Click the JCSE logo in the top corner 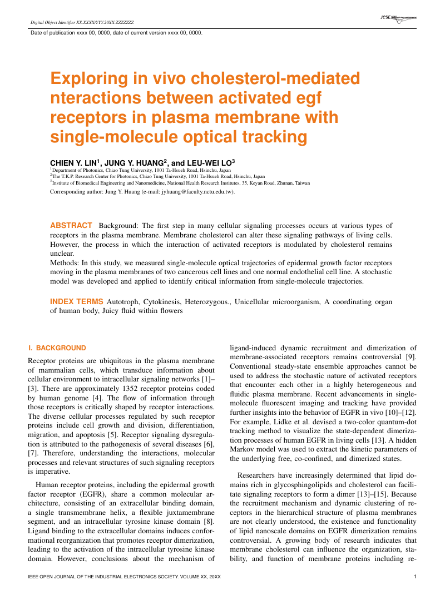click(x=398, y=18)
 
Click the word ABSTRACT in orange click(x=71, y=226)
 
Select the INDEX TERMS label click(x=76, y=302)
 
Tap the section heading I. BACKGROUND click(x=57, y=348)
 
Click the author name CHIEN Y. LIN click(x=73, y=162)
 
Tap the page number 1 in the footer click(x=415, y=577)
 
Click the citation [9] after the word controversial click(x=412, y=356)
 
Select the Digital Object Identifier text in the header click(x=82, y=23)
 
